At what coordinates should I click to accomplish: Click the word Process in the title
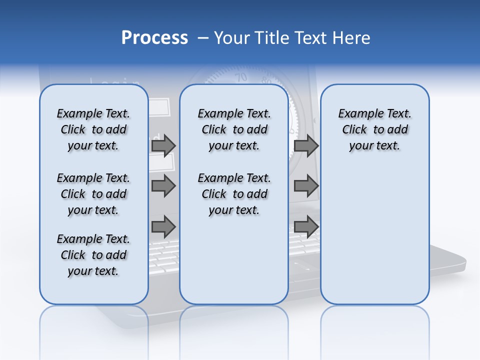click(x=154, y=38)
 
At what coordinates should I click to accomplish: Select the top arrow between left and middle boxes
click(x=163, y=146)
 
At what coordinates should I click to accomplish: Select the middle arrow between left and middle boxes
click(x=163, y=186)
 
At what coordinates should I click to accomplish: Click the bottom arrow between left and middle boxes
click(x=163, y=226)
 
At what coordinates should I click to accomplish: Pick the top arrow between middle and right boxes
click(x=306, y=146)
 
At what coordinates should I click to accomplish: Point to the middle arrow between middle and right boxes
click(x=306, y=186)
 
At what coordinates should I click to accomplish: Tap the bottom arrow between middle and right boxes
click(x=306, y=226)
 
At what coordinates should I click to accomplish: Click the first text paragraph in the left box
click(x=93, y=129)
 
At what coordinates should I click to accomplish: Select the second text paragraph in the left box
click(x=93, y=194)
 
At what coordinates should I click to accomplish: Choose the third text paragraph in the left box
click(x=93, y=255)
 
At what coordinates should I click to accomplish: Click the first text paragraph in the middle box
click(x=234, y=129)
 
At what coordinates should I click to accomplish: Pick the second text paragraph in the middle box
click(x=234, y=194)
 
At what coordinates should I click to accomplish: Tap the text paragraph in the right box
click(x=374, y=129)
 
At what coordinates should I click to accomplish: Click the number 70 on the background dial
click(x=241, y=77)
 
